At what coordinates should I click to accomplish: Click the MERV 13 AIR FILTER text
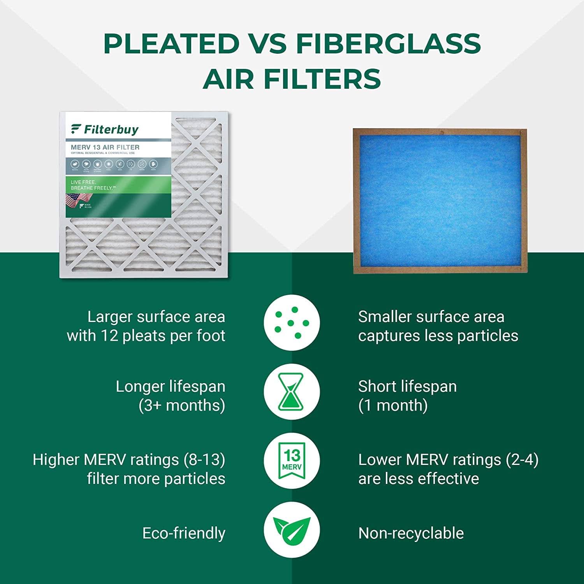tap(105, 147)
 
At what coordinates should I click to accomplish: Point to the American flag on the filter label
tap(73, 201)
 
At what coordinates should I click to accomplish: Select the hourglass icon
tap(292, 392)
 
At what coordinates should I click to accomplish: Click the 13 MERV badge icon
tap(292, 461)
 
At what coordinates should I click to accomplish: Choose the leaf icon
tap(292, 530)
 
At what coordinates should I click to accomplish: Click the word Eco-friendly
tap(184, 533)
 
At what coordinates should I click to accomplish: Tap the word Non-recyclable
tap(411, 533)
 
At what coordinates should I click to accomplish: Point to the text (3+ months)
tap(182, 405)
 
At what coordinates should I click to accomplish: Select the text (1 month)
tap(393, 405)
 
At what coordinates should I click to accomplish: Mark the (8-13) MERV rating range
tap(204, 460)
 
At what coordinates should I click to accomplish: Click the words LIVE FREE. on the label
tap(83, 182)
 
